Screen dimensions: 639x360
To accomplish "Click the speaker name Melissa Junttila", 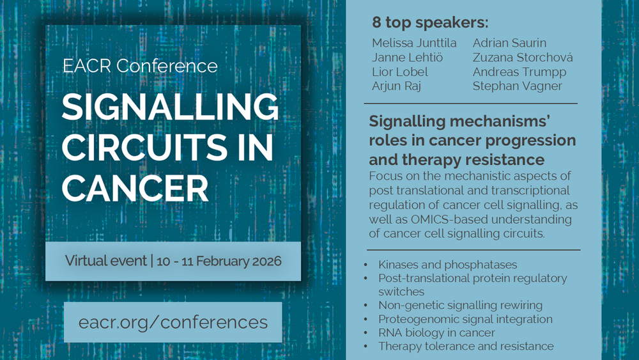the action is pos(414,43).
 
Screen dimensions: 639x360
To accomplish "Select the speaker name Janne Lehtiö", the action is pos(407,57).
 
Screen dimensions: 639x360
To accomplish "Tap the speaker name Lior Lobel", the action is pos(400,72).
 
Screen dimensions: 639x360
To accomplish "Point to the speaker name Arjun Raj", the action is pos(396,86).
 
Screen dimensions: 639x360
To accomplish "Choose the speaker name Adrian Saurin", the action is pos(509,43).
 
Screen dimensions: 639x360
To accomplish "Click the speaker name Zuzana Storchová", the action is pos(523,57).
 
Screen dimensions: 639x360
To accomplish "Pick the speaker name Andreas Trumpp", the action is pos(520,72).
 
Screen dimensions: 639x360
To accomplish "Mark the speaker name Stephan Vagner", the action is pos(518,86).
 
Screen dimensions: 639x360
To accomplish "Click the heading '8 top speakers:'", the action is pos(430,22).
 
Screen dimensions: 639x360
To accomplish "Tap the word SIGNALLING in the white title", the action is pos(171,107).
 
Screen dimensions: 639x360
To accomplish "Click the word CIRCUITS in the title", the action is pos(144,147).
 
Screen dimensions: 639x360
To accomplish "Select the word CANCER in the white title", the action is pos(135,188).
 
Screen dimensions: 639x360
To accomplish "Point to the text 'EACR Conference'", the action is pos(140,66).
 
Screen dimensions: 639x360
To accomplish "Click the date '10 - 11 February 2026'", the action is pos(219,261).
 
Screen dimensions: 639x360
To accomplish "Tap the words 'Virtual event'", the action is pos(106,260).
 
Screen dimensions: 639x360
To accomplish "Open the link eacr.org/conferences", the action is pos(173,322).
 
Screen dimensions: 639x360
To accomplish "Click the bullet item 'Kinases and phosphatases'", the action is pos(447,265).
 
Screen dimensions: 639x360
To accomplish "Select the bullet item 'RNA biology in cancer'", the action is pos(436,333).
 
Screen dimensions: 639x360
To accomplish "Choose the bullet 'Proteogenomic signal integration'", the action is pos(465,319).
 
